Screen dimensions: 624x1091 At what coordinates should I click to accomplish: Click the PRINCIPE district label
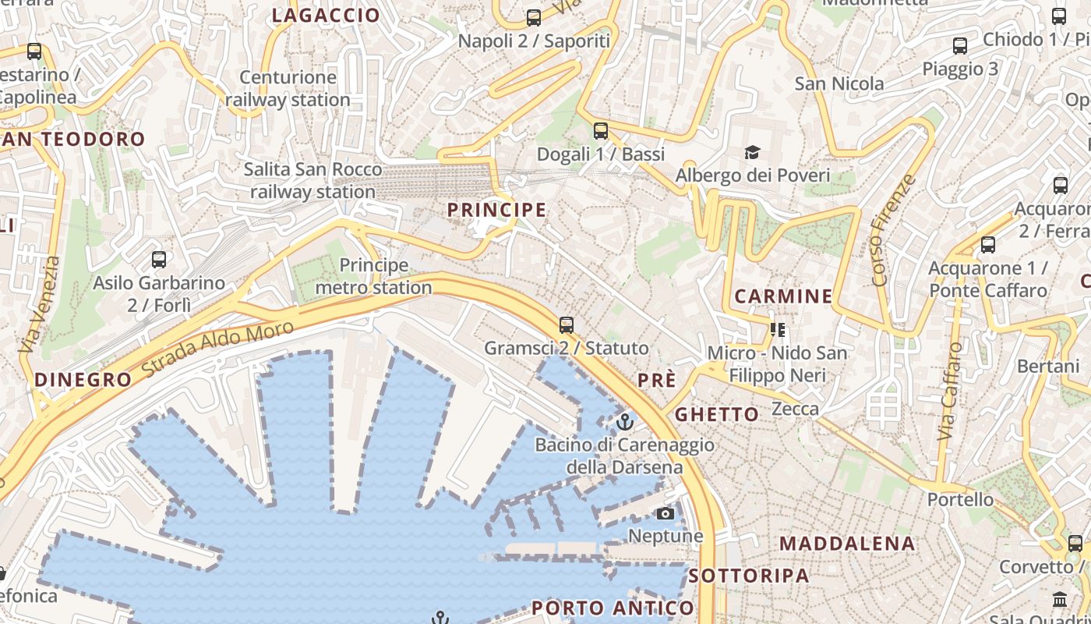pyautogui.click(x=496, y=210)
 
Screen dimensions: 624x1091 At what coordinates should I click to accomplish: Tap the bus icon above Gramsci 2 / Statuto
pyautogui.click(x=567, y=324)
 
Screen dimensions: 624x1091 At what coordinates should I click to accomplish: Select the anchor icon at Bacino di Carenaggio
pyautogui.click(x=624, y=422)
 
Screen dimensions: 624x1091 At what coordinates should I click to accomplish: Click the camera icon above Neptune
pyautogui.click(x=665, y=513)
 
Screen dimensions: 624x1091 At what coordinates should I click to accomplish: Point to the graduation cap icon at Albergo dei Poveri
pyautogui.click(x=752, y=152)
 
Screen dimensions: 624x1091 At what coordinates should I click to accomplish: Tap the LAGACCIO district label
pyautogui.click(x=326, y=15)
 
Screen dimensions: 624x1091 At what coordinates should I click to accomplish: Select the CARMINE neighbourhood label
pyautogui.click(x=783, y=296)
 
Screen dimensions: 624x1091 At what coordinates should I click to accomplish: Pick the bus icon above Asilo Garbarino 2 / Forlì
pyautogui.click(x=159, y=260)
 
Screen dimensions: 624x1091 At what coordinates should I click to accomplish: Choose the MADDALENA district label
pyautogui.click(x=847, y=543)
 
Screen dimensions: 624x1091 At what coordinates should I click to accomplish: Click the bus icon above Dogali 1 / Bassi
pyautogui.click(x=600, y=130)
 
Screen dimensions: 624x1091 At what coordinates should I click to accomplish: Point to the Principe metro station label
pyautogui.click(x=374, y=277)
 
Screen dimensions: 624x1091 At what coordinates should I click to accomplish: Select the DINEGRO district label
pyautogui.click(x=83, y=380)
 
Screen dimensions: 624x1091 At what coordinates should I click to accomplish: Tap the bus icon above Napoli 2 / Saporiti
pyautogui.click(x=534, y=17)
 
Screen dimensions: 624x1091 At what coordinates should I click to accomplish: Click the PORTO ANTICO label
pyautogui.click(x=613, y=608)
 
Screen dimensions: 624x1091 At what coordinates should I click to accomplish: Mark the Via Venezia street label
pyautogui.click(x=38, y=305)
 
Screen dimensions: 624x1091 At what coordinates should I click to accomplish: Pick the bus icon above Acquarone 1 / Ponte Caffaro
pyautogui.click(x=988, y=245)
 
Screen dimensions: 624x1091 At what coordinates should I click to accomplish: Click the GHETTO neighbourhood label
pyautogui.click(x=716, y=414)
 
